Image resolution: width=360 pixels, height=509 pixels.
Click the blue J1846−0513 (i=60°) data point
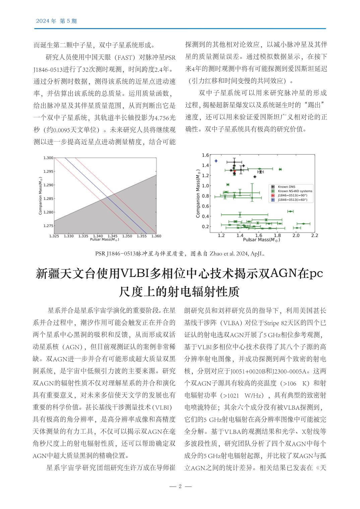(216, 161)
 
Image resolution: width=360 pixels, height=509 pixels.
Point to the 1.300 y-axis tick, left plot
(48, 157)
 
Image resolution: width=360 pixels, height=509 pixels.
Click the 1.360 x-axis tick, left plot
(156, 236)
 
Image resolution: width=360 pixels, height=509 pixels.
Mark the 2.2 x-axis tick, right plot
(314, 235)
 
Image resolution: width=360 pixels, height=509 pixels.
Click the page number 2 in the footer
(180, 486)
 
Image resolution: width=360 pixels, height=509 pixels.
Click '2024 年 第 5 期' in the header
(56, 21)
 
